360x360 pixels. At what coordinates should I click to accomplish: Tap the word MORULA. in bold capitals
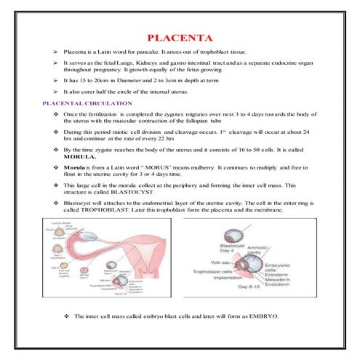80,156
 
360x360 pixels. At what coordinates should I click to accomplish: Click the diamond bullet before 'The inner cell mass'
67,317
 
